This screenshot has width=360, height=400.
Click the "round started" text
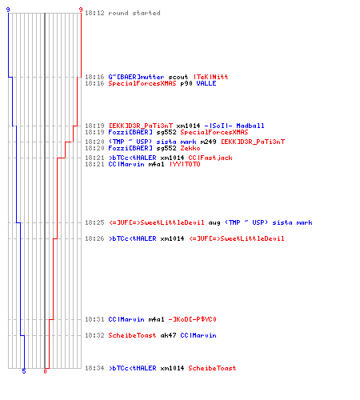tap(134, 13)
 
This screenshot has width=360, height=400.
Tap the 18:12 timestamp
tap(94, 13)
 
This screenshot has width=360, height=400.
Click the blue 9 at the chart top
tap(8, 10)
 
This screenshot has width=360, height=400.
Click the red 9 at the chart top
tap(81, 10)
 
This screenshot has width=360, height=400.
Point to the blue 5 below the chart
tap(24, 371)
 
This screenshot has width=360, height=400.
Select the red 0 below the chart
tap(45, 371)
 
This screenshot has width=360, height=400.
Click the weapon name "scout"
tap(178, 77)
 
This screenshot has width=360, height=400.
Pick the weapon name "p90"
tap(186, 83)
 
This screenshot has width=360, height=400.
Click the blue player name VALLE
tap(206, 83)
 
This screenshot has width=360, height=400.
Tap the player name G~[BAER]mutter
tap(136, 77)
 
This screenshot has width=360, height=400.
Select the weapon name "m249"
tap(208, 142)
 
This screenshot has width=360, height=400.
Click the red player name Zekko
tap(190, 148)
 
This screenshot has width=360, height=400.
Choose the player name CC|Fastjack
tap(210, 158)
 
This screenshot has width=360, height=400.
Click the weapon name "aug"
tap(214, 222)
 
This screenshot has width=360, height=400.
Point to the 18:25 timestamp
tap(94, 222)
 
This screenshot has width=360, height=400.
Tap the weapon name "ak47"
tap(168, 335)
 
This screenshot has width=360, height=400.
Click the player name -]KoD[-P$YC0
tap(192, 319)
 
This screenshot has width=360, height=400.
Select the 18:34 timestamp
tap(94, 368)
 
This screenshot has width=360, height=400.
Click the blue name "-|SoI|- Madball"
tap(234, 126)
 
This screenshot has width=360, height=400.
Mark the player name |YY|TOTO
tap(185, 164)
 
